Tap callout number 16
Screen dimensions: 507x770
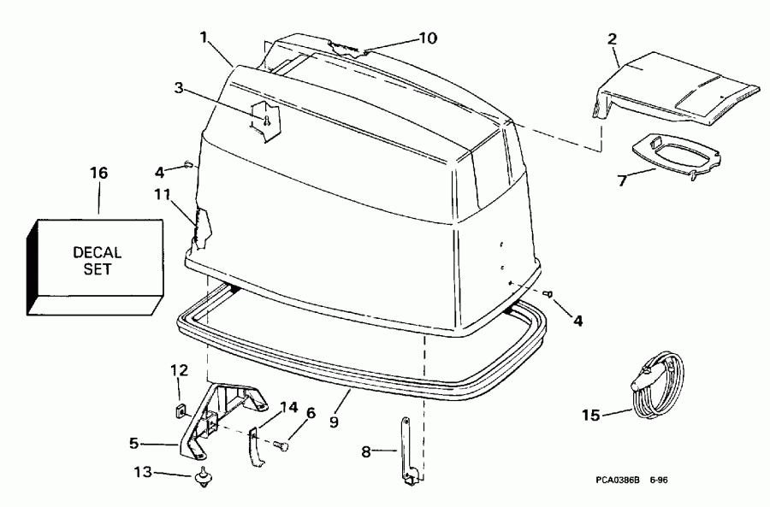99,173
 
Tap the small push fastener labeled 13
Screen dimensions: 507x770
204,477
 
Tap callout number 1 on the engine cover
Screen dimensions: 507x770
204,38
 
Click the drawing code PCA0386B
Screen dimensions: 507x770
622,480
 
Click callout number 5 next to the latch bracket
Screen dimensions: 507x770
133,443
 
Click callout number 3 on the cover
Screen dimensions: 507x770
178,87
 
